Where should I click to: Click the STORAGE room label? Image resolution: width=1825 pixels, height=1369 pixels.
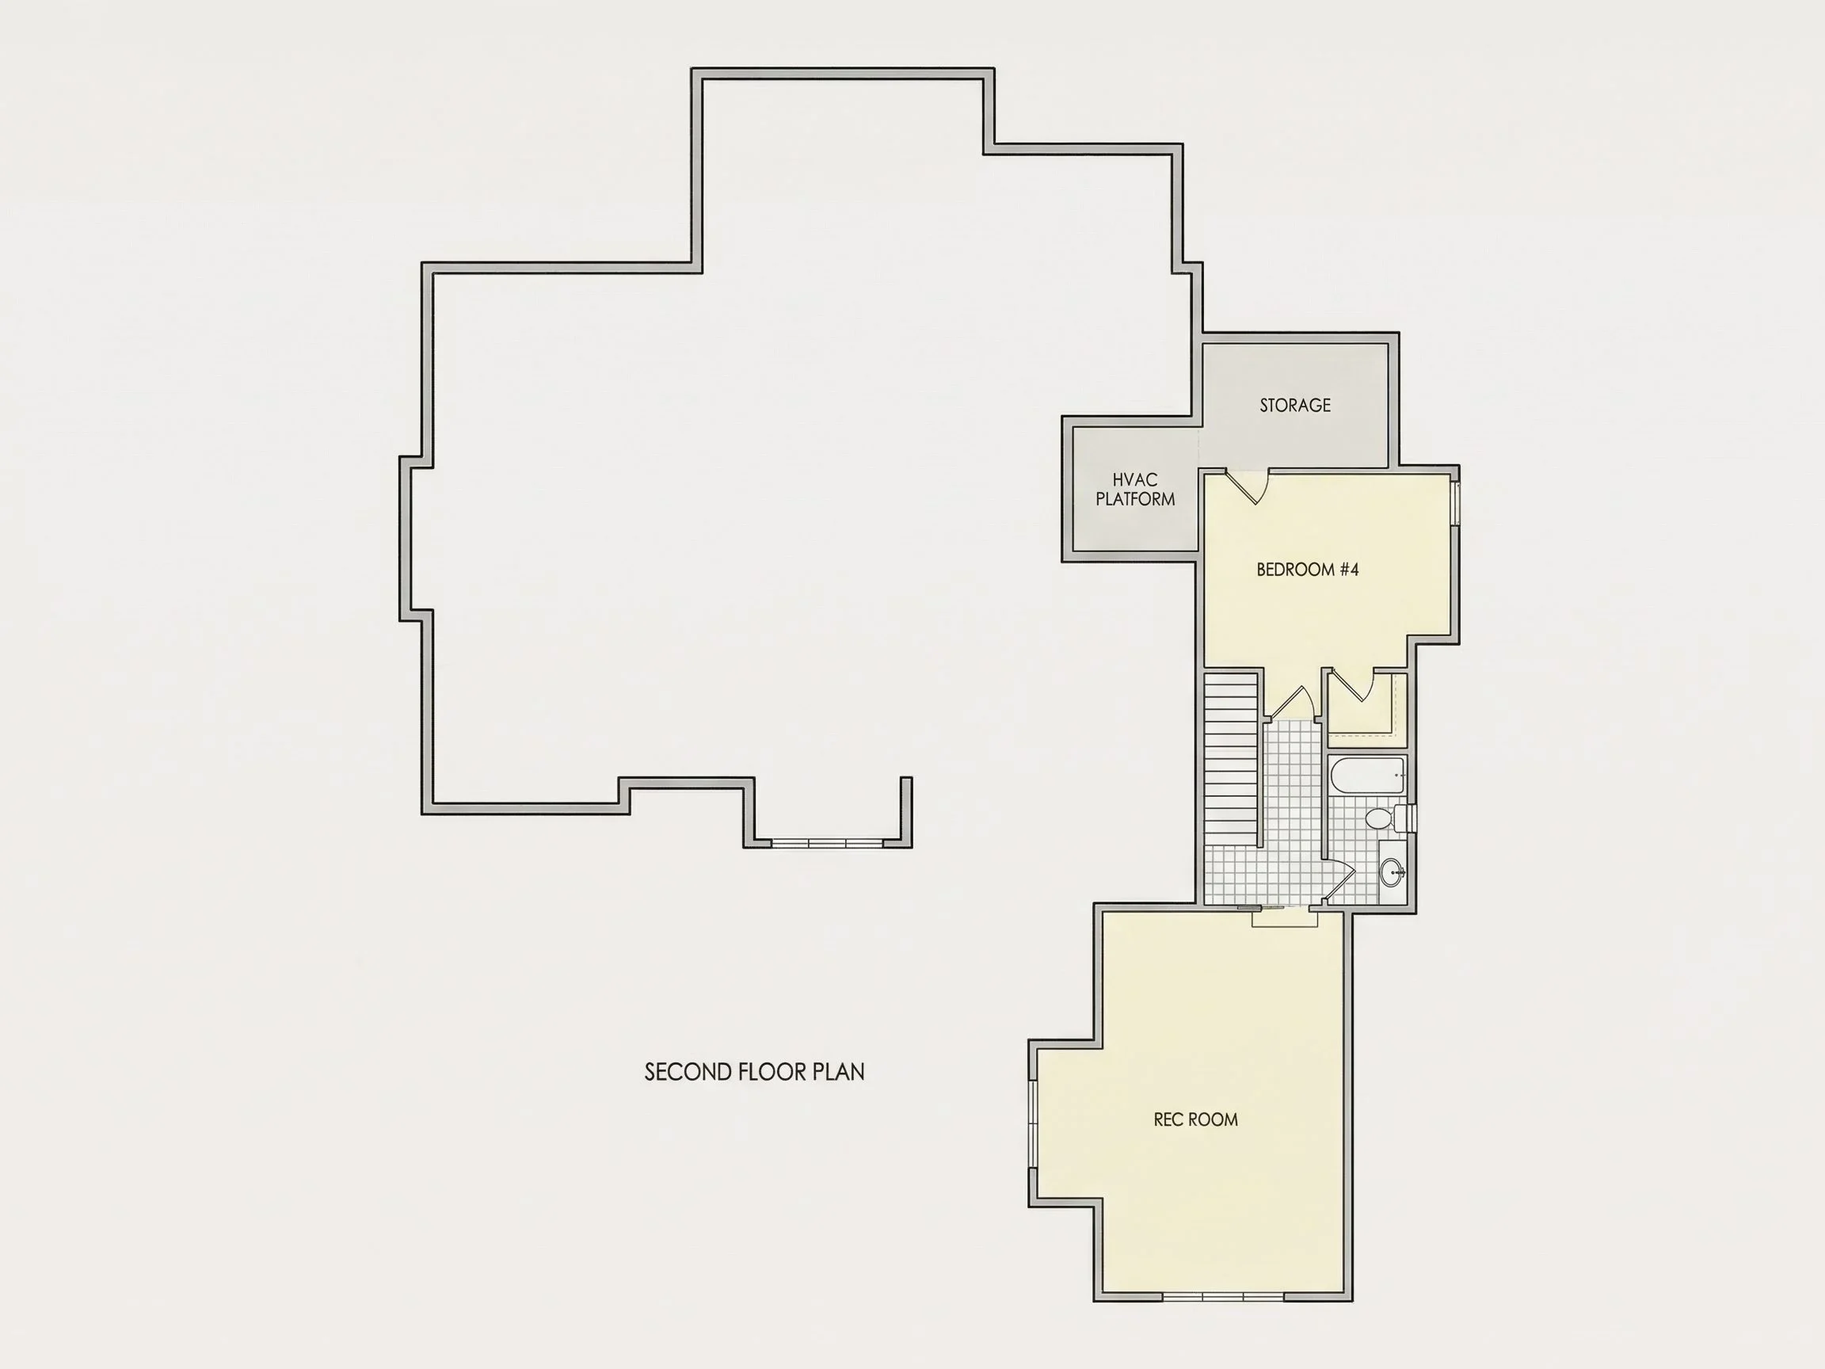(x=1294, y=405)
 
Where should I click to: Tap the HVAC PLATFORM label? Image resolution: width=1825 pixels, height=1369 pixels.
(x=1135, y=490)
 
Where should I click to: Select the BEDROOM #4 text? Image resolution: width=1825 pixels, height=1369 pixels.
(x=1307, y=570)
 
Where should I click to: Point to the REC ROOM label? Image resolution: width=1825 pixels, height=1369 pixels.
(x=1195, y=1119)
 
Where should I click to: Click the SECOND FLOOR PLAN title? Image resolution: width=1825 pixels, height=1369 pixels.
(x=754, y=1072)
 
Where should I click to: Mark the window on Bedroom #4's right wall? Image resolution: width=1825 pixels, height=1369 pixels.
(x=1457, y=503)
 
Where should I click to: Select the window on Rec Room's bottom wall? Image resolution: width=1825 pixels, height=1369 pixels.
(x=1223, y=1296)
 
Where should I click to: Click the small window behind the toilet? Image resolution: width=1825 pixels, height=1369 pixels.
(x=1414, y=817)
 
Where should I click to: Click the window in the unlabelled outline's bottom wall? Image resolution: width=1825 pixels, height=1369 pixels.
(x=828, y=842)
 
